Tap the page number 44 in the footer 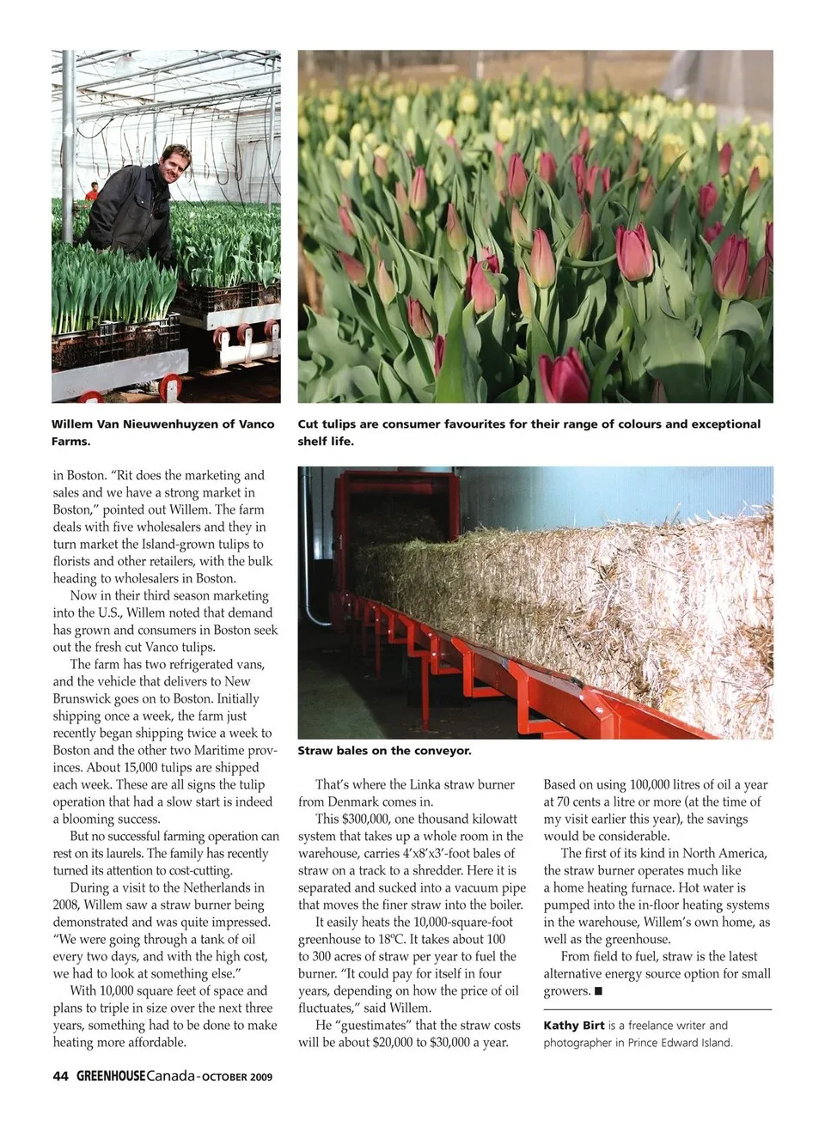pyautogui.click(x=60, y=1075)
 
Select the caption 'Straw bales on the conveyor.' pyautogui.click(x=384, y=751)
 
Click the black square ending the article pyautogui.click(x=598, y=991)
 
